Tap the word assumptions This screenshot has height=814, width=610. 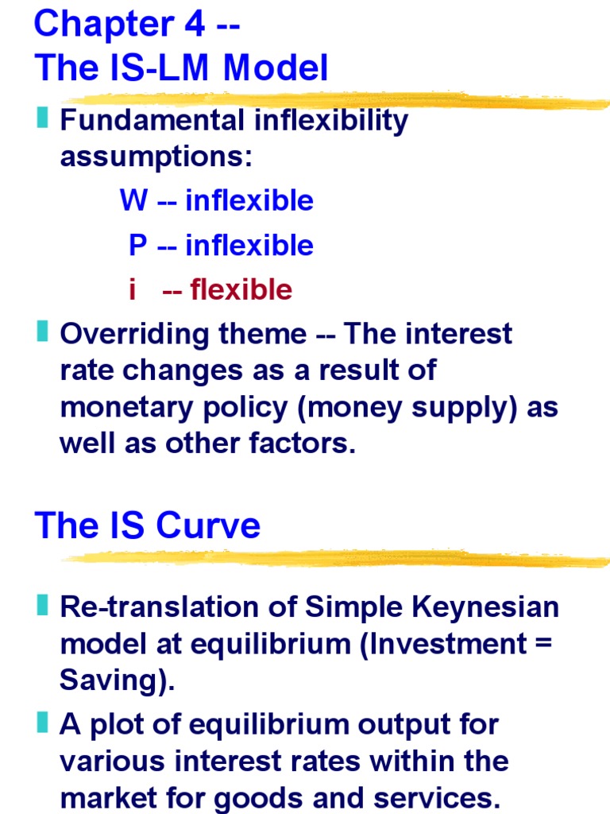click(x=156, y=157)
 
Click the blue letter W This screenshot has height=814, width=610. click(x=133, y=200)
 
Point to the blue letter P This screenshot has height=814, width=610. click(x=138, y=246)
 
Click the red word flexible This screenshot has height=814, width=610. click(x=241, y=290)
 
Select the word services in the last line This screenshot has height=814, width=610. click(x=438, y=797)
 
